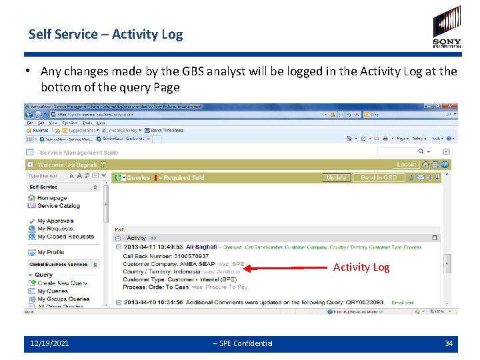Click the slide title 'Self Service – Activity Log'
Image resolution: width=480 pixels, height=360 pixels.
tap(105, 34)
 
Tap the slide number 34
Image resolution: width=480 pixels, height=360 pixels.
tap(449, 343)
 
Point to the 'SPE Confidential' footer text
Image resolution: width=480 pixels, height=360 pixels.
tap(245, 343)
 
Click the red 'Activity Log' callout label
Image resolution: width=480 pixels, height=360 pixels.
tap(361, 267)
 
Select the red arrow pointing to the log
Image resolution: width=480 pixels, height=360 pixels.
tap(287, 269)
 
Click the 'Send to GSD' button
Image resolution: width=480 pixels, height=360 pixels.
tap(378, 177)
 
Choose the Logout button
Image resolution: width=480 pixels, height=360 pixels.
tap(406, 165)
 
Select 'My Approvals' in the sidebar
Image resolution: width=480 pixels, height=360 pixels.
tap(55, 221)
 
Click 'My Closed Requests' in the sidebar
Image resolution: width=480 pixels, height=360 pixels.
tap(65, 237)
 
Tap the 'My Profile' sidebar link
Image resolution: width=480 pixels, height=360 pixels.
tap(51, 252)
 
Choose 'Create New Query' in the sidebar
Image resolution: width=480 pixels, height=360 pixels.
tap(62, 283)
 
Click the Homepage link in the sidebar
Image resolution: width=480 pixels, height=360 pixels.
tap(52, 198)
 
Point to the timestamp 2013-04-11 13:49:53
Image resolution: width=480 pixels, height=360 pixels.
tap(153, 247)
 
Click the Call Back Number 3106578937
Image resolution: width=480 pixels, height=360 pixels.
tap(184, 255)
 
